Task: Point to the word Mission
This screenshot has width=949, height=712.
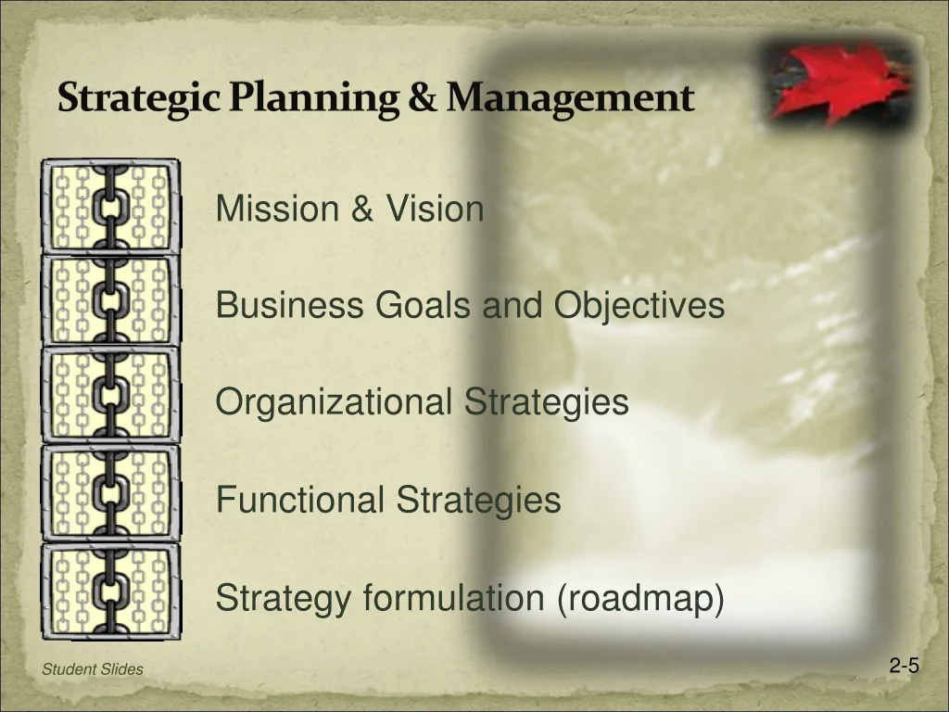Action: [x=277, y=209]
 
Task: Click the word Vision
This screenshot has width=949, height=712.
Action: [x=436, y=209]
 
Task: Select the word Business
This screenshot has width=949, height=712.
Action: [x=289, y=304]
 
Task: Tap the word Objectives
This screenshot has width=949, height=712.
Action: [x=639, y=305]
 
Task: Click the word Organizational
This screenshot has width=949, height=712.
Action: [x=334, y=402]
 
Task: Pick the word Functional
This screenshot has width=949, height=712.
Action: [x=300, y=499]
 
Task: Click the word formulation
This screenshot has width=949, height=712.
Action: [x=454, y=597]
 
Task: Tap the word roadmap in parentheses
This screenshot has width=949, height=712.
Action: [x=640, y=598]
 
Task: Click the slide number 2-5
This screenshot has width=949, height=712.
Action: [x=905, y=666]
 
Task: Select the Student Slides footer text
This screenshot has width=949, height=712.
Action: [x=93, y=669]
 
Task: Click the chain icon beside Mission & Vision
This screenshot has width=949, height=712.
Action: [x=111, y=207]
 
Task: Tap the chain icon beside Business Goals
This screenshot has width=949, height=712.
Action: [x=111, y=300]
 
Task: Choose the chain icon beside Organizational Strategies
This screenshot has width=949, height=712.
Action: [x=111, y=395]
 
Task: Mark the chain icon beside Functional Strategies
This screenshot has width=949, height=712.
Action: [x=111, y=493]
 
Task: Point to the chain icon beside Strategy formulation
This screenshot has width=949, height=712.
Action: [x=111, y=591]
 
